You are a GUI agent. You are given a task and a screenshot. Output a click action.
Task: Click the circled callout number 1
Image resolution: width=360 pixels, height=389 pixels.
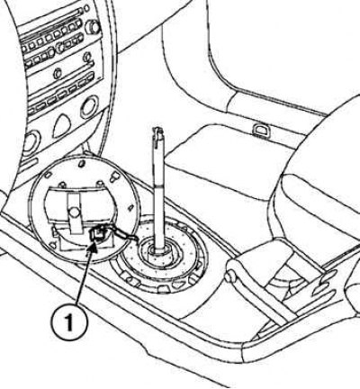click(x=69, y=322)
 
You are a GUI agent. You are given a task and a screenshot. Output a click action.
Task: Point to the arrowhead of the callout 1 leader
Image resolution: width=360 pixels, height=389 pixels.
click(x=94, y=246)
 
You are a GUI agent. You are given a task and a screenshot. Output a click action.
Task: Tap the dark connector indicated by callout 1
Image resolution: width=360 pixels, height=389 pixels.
click(x=97, y=234)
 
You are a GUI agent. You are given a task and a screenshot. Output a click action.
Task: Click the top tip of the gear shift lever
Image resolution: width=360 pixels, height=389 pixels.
click(x=158, y=129)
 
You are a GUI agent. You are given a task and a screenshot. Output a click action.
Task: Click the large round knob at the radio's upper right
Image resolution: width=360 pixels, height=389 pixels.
click(x=93, y=27)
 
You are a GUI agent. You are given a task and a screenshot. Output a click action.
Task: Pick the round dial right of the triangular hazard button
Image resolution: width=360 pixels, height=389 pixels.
click(x=89, y=107)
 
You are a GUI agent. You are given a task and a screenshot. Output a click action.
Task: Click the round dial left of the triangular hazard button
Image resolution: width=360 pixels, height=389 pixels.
click(x=31, y=141)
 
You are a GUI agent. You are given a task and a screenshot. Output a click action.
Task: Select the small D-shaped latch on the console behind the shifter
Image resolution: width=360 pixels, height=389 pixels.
click(x=260, y=130)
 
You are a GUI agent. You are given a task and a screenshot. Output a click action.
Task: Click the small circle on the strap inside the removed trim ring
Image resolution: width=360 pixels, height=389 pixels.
click(x=74, y=213)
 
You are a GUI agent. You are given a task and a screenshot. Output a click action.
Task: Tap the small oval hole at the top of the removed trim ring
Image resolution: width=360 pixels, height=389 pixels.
click(x=81, y=164)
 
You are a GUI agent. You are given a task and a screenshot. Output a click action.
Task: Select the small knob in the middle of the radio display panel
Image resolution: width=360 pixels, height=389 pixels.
click(x=58, y=73)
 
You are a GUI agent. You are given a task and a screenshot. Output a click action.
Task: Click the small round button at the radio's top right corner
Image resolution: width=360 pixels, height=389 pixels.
click(x=86, y=8)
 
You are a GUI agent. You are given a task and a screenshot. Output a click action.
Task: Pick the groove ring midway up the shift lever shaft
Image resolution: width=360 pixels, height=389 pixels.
click(x=158, y=183)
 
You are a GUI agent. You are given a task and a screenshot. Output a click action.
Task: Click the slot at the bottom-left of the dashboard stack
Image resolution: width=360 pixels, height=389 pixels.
click(x=30, y=164)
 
